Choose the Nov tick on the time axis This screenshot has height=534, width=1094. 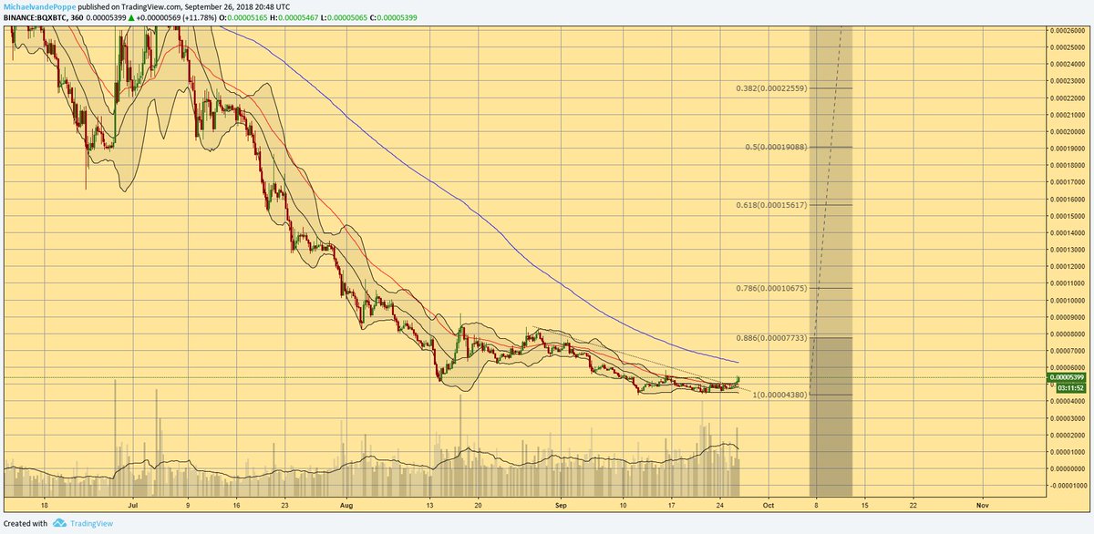[x=982, y=502]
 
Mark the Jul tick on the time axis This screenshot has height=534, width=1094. [x=133, y=502]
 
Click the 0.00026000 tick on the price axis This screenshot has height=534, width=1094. [x=1066, y=30]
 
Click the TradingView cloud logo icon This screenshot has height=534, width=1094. [x=59, y=524]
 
